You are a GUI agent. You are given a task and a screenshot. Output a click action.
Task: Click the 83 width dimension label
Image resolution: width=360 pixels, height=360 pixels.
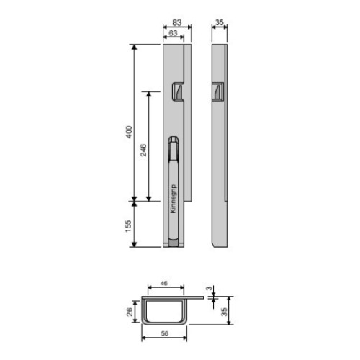click(177, 22)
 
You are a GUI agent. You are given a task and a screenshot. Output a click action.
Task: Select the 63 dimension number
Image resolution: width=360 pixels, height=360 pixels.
click(173, 33)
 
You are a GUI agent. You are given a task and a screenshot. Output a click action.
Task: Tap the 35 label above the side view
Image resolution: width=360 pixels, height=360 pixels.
click(220, 22)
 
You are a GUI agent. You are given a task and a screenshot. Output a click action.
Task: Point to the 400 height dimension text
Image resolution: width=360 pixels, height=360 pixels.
click(129, 132)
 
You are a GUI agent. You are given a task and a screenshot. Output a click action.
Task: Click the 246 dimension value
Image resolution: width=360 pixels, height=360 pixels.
click(143, 150)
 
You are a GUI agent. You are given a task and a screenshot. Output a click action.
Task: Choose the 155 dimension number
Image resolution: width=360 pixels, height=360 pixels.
click(128, 226)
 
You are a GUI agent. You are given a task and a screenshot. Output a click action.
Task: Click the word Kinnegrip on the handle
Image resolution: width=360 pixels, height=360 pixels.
click(173, 199)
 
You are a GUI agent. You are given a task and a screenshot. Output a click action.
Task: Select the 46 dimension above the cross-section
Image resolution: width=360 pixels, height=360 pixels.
click(164, 283)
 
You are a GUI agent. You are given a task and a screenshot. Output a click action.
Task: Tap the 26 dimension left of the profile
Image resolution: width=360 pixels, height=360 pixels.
click(130, 312)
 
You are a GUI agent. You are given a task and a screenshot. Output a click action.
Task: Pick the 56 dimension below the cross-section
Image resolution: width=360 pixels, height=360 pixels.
click(164, 333)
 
